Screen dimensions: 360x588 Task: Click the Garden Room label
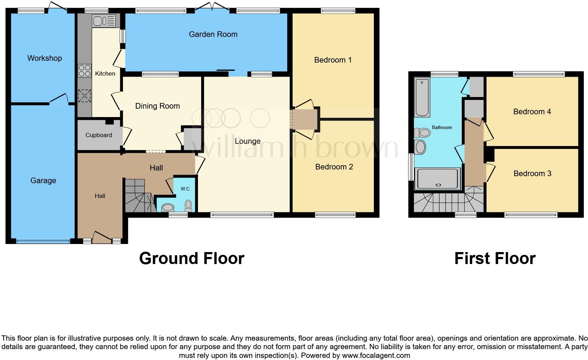tap(213, 34)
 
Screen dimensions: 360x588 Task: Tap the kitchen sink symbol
tap(103, 21)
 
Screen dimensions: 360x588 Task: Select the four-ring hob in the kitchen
tap(84, 71)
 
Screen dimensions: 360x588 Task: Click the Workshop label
tap(45, 58)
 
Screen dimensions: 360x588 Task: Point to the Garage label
tap(43, 181)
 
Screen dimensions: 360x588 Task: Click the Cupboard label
tap(99, 135)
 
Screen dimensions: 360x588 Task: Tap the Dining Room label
tap(158, 106)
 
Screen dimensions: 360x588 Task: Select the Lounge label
tap(248, 141)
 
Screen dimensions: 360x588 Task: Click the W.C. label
tap(186, 189)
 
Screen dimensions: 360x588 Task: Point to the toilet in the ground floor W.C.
tap(188, 205)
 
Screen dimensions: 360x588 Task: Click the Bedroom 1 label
tap(333, 60)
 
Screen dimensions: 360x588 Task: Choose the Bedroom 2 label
tap(334, 167)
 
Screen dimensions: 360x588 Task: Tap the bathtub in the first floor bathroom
tap(422, 97)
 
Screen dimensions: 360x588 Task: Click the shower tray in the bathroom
tap(438, 179)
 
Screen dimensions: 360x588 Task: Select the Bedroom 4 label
tap(532, 112)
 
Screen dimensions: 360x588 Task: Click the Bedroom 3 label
tap(532, 174)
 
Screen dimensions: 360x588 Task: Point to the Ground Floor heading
tap(192, 258)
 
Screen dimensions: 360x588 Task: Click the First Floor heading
tap(495, 258)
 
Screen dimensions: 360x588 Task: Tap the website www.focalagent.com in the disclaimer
tap(376, 355)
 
